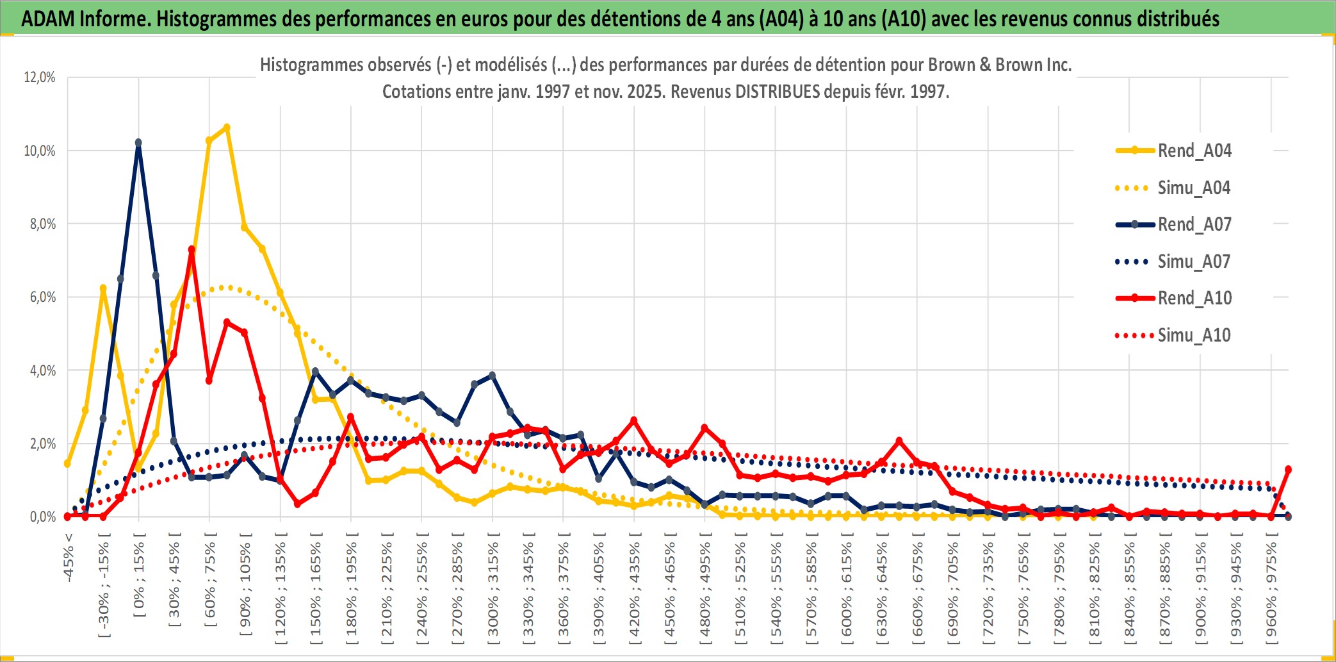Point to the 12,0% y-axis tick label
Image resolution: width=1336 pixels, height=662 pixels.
[x=40, y=78]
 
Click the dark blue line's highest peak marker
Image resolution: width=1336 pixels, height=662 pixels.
[x=138, y=143]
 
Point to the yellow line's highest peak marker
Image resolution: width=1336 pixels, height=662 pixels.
[x=227, y=128]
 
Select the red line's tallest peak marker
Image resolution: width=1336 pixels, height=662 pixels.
[x=191, y=249]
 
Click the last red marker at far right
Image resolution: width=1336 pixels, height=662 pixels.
[x=1288, y=469]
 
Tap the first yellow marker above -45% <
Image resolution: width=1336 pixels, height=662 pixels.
[x=67, y=463]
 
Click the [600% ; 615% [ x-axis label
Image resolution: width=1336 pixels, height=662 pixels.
[x=847, y=589]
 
